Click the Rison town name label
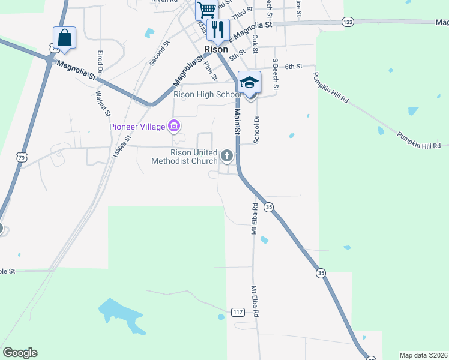215,49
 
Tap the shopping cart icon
206,9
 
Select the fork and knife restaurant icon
218,29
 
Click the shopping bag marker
64,38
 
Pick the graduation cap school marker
249,82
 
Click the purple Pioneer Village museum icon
175,126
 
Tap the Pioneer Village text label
137,126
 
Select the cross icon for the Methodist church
227,156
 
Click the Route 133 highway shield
347,22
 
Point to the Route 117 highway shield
238,311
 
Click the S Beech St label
276,74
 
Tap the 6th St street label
292,66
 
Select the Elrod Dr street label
101,62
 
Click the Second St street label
160,53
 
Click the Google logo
20,353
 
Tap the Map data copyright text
424,355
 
